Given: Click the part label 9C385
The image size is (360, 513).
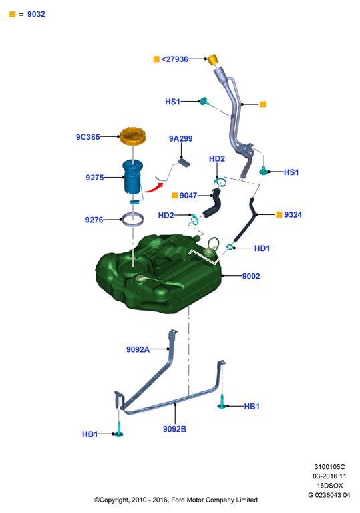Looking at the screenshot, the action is [x=87, y=137].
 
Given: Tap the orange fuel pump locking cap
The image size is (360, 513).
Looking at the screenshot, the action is [x=132, y=136].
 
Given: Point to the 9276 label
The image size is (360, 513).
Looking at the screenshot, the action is [x=94, y=220].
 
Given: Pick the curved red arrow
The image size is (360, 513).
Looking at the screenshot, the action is [x=154, y=188].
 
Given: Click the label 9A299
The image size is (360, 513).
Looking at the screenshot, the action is [x=180, y=139].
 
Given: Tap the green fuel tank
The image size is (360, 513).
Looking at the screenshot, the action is [x=159, y=273].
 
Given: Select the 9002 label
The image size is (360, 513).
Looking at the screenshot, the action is [x=251, y=276].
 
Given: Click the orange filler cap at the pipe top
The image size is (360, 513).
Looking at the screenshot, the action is [x=212, y=60].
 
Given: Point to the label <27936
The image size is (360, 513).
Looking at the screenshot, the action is [x=175, y=59].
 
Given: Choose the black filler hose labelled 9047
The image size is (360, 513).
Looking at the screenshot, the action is [x=212, y=203].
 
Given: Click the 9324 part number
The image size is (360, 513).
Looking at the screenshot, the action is [x=293, y=214].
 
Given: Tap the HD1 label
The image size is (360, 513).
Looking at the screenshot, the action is [x=262, y=248].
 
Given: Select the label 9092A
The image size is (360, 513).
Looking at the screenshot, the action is [x=138, y=349].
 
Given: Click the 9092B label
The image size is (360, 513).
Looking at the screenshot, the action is [x=174, y=429].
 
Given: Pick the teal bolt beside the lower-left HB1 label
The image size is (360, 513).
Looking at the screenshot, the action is [x=118, y=430].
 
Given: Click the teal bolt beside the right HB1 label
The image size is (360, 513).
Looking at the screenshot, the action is [x=222, y=402].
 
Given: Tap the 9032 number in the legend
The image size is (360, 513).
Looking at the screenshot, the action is [x=36, y=14].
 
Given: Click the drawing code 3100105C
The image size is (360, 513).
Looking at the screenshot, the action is [x=329, y=466].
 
